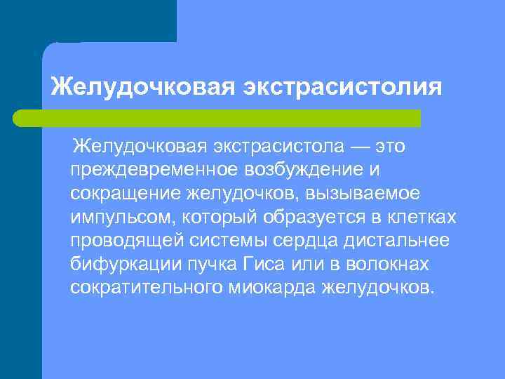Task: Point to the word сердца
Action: click(302, 241)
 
